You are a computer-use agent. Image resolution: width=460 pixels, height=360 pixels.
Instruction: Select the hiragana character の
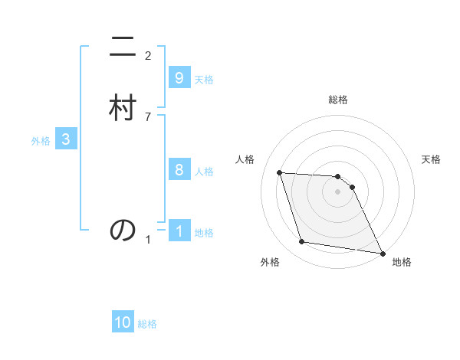(123, 229)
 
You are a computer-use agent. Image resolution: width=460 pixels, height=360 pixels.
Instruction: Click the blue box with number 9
(179, 78)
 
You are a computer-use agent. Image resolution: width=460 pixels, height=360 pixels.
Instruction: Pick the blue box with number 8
(179, 170)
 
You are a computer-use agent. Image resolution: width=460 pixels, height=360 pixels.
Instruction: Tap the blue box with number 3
(66, 139)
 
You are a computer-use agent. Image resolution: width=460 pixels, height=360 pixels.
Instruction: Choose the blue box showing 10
(123, 322)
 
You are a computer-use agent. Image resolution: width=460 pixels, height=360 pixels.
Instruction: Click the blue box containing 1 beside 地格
(179, 231)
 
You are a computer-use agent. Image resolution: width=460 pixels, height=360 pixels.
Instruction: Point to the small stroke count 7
(148, 116)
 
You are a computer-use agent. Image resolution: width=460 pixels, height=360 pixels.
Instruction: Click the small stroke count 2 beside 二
(148, 55)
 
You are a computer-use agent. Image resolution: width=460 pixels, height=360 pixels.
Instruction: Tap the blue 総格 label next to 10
(147, 324)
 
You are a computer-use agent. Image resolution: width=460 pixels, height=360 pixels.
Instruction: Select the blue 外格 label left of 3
(41, 141)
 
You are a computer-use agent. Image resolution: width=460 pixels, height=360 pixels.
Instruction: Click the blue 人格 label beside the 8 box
(204, 172)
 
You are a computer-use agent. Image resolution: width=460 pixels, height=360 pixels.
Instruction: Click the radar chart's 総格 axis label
(338, 100)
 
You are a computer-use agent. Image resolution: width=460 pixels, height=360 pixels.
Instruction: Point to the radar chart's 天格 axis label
(431, 159)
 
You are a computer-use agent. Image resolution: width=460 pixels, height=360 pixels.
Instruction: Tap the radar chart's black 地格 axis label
(402, 262)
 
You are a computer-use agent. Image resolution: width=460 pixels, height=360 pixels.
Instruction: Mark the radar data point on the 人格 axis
(280, 172)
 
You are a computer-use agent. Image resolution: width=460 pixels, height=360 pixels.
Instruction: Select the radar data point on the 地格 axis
(382, 253)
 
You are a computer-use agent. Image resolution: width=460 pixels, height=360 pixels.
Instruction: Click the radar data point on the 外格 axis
(302, 242)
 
